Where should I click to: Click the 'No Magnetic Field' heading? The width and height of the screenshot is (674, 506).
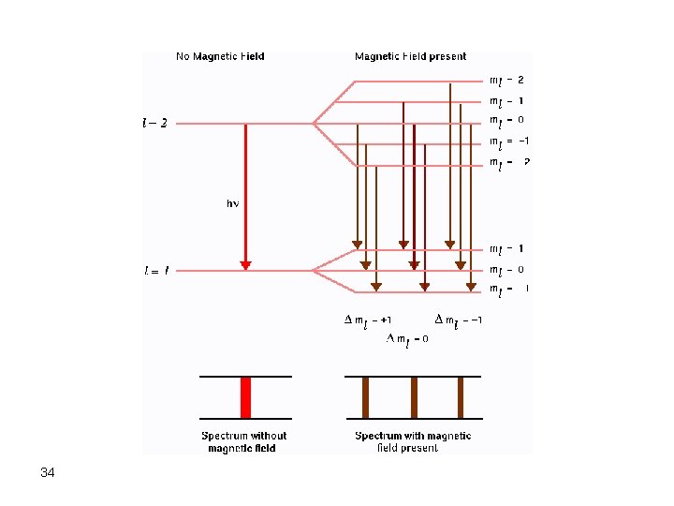coord(220,56)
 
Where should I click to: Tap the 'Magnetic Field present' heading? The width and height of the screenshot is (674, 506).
coord(410,56)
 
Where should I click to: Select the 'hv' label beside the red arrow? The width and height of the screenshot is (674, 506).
coord(232,202)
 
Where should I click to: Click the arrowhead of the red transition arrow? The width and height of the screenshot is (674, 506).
coord(245,265)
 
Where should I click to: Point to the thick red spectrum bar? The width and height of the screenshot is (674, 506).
coord(245,397)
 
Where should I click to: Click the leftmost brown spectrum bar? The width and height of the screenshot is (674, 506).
coord(365,397)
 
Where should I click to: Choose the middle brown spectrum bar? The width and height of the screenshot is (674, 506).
coord(413,397)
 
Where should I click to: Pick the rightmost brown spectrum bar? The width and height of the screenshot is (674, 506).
coord(460,397)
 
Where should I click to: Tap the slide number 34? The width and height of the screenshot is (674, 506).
coord(48,473)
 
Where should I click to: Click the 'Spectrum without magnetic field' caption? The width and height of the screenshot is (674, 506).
coord(243,441)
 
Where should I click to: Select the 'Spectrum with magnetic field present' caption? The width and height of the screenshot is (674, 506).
coord(413,441)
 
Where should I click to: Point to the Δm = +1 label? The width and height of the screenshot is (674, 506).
coord(368,320)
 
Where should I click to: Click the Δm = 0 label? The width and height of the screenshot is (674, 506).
coord(407,339)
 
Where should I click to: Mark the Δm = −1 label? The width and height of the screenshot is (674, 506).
coord(459,320)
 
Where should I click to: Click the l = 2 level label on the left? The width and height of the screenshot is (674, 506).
coord(155,123)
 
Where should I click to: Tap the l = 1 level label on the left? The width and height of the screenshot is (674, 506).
coord(156,271)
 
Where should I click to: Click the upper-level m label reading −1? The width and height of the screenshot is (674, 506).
coord(510,141)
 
